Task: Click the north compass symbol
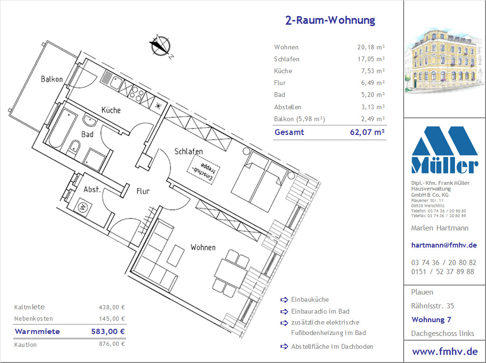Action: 160,46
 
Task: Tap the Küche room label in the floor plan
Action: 111,110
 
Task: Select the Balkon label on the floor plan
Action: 52,79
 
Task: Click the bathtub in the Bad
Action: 63,128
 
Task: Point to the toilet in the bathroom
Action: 73,148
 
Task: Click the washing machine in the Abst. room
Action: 83,207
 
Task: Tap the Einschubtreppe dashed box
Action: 203,170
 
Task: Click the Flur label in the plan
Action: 143,191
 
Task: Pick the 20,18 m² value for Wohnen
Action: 371,48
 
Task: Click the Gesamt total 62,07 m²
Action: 367,133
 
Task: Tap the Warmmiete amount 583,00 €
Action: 108,332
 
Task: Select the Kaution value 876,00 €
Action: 112,344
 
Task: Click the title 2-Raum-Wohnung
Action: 330,20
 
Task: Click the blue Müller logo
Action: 445,150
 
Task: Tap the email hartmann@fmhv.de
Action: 444,245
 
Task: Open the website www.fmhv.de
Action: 445,352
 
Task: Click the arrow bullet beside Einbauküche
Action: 284,299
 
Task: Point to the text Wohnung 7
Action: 431,320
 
